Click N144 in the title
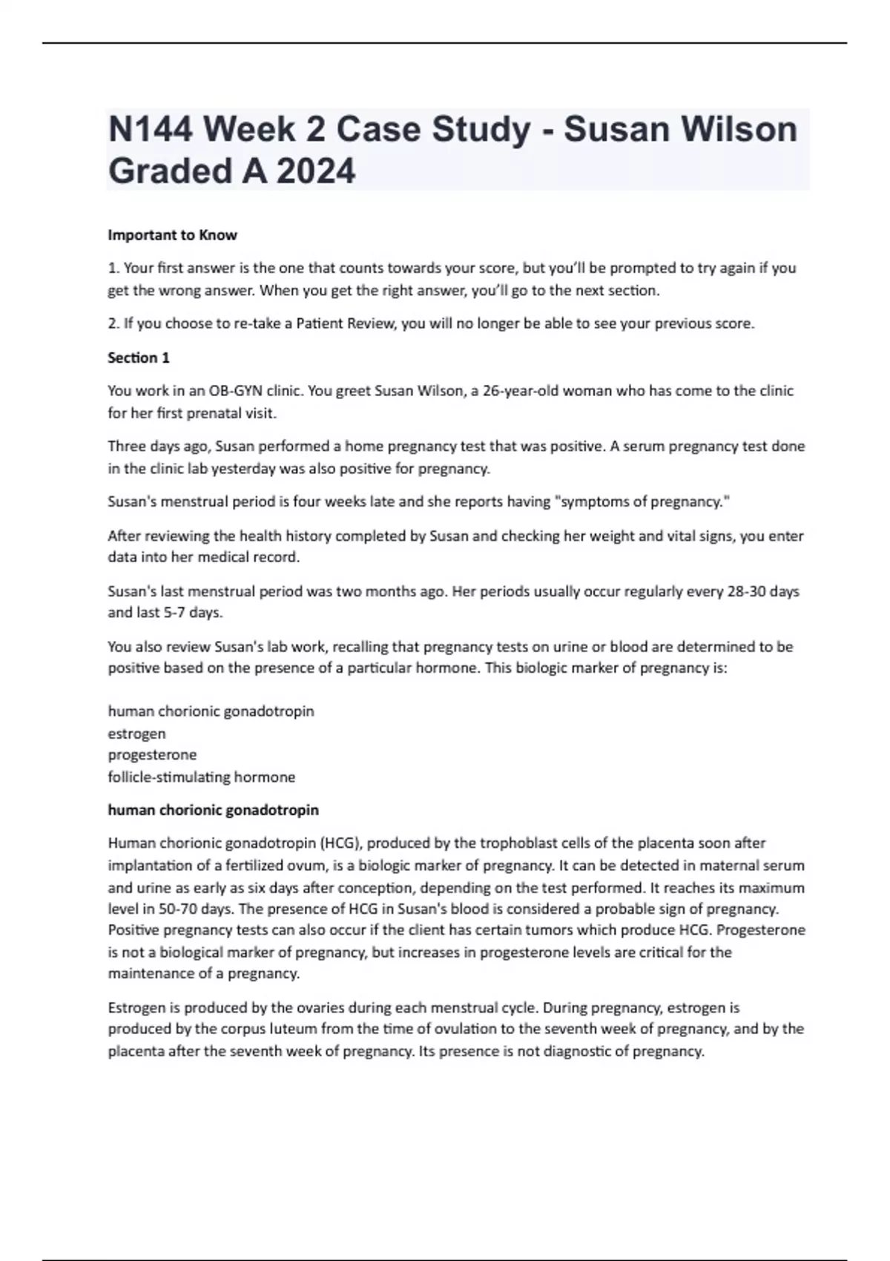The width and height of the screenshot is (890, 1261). pyautogui.click(x=151, y=130)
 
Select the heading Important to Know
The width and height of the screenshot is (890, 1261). pyautogui.click(x=172, y=235)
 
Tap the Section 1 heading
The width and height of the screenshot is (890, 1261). pyautogui.click(x=139, y=358)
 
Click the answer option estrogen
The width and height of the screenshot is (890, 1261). pyautogui.click(x=136, y=734)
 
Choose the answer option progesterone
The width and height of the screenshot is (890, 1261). pyautogui.click(x=152, y=755)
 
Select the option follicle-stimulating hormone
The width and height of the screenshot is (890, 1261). pyautogui.click(x=201, y=777)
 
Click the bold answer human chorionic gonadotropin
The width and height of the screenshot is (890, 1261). pyautogui.click(x=213, y=810)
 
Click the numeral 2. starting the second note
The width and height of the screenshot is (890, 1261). pyautogui.click(x=113, y=324)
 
